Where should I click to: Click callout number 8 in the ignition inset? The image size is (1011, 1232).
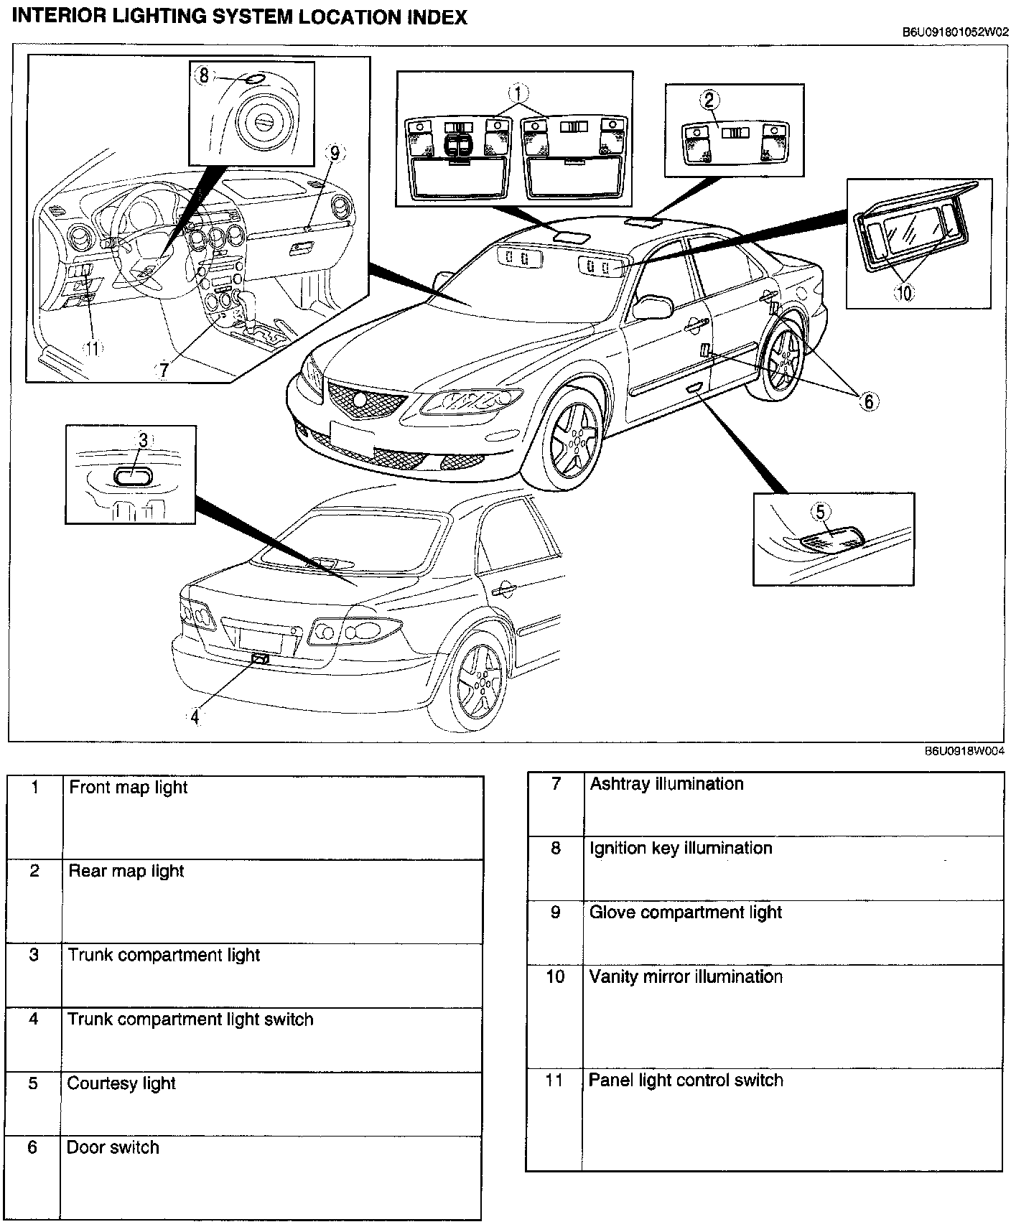coord(204,75)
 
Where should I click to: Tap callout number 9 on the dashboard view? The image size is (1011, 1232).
coord(334,153)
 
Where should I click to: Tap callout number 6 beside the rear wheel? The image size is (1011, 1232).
coord(869,401)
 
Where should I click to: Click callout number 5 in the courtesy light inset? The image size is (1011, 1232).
coord(821,512)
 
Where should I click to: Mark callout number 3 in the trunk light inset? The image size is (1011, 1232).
coord(143,440)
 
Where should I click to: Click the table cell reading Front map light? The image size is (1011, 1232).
coord(128,788)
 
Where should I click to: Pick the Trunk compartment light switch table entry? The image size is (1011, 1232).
coord(190,1019)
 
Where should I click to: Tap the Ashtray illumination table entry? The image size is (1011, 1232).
coord(666,784)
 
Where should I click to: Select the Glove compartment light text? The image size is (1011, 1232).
coord(685,913)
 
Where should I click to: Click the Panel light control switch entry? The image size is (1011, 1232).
coord(685,1081)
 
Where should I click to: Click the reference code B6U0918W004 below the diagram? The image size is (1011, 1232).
coord(964,751)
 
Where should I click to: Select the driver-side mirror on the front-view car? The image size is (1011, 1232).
coord(652,307)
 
